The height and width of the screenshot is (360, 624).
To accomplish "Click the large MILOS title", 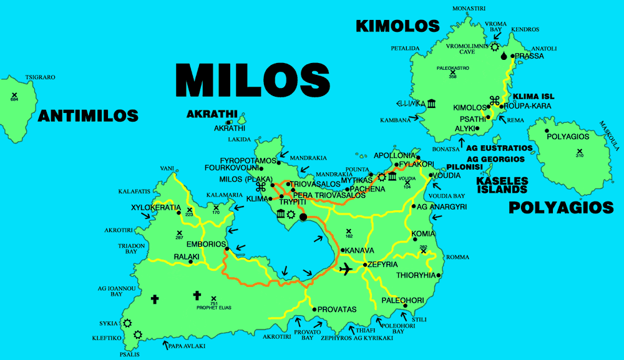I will click(253, 80).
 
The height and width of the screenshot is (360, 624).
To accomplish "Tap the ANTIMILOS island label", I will click(88, 115).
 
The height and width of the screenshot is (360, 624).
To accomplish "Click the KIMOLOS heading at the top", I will click(397, 26).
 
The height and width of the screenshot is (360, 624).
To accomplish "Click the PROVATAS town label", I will click(337, 309).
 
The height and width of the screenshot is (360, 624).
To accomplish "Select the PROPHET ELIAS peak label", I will click(214, 307).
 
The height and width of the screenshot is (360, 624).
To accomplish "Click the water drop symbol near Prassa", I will click(504, 56).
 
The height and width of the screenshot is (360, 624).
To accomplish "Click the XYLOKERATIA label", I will click(155, 207).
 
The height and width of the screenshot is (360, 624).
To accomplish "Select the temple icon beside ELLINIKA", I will click(432, 103).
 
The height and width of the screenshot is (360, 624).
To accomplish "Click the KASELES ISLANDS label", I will click(502, 185).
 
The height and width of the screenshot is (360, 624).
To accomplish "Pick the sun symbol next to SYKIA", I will click(127, 323).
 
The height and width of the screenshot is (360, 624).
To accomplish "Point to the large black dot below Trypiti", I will click(303, 217).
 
